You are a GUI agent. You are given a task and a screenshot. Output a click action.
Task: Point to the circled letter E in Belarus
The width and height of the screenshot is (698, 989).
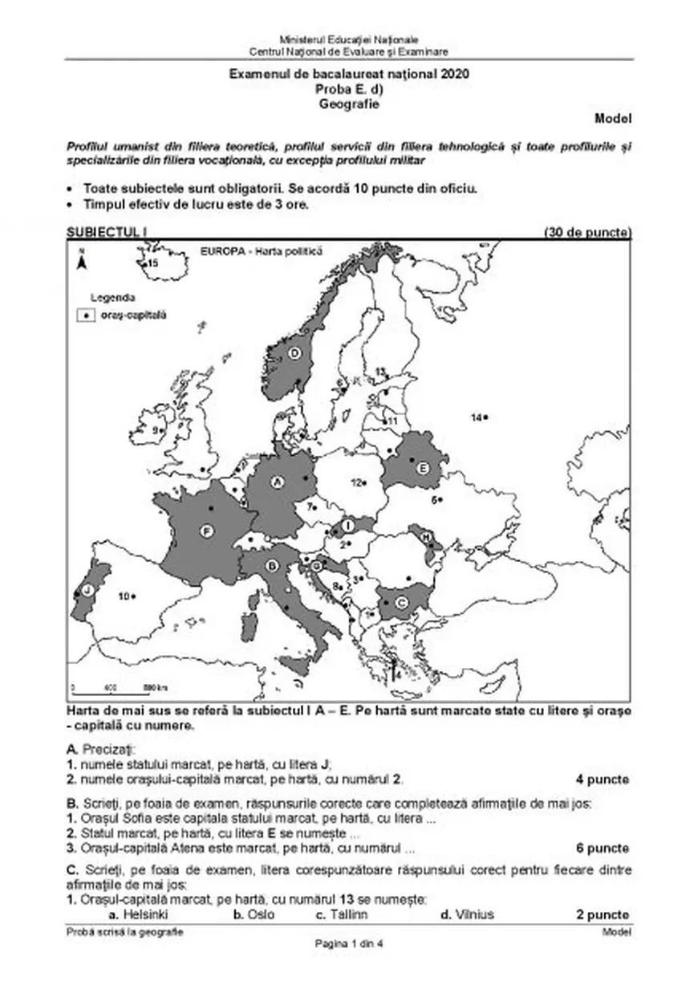423,467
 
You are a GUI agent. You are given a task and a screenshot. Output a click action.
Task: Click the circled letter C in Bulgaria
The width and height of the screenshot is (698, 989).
403,602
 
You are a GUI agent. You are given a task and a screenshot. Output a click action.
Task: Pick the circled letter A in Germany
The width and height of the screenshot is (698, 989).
278,482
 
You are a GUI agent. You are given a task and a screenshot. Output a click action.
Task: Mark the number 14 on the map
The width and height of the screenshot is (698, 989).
476,417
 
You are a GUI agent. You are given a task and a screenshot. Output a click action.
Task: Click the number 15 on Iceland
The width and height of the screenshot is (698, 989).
152,263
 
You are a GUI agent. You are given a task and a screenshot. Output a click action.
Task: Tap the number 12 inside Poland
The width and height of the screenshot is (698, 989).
356,482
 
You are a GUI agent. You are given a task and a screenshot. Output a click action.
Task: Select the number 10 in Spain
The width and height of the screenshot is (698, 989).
124,596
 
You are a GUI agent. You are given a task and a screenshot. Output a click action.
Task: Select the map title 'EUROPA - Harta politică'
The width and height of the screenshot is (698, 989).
259,251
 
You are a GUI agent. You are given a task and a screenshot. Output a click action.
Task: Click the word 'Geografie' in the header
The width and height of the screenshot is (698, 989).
348,104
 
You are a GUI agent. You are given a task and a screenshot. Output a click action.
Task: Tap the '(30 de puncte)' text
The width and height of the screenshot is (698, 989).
587,233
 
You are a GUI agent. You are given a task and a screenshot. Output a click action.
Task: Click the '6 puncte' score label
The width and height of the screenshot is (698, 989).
603,848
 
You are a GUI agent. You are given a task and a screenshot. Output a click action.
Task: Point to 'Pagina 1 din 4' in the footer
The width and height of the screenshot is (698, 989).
349,944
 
